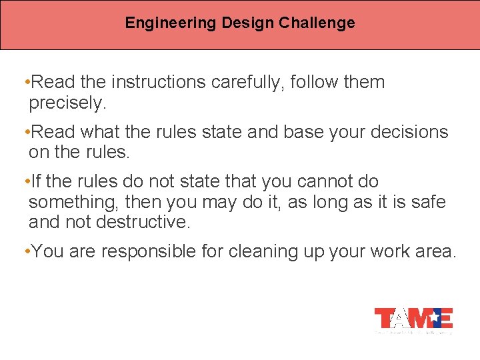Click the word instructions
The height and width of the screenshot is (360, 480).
click(x=159, y=83)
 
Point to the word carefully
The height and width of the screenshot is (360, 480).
click(x=251, y=83)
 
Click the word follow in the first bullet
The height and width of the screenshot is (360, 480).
click(x=323, y=83)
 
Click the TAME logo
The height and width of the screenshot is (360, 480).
click(x=413, y=319)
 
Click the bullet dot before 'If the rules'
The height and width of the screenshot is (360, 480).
click(x=25, y=181)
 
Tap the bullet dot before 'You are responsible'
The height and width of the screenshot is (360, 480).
click(x=25, y=252)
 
